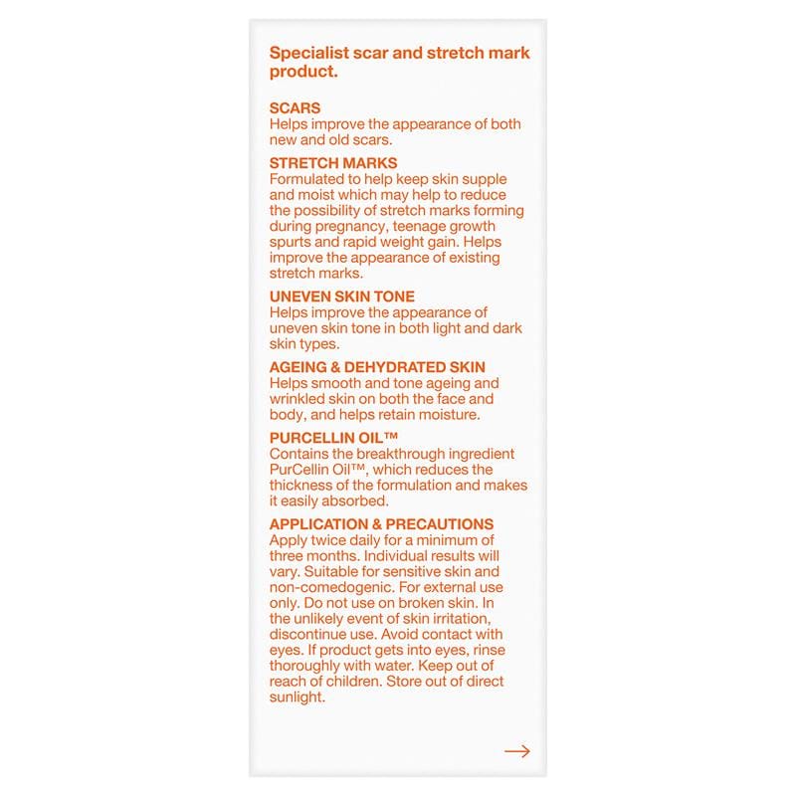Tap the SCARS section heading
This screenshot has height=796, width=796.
pyautogui.click(x=295, y=108)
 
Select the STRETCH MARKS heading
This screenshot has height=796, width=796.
pyautogui.click(x=333, y=162)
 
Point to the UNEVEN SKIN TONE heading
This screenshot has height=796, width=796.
pyautogui.click(x=342, y=297)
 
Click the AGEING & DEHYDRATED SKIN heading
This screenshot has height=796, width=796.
pyautogui.click(x=377, y=367)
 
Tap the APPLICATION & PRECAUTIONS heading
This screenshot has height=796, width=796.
pyautogui.click(x=381, y=524)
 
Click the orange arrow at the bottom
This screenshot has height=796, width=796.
pyautogui.click(x=516, y=751)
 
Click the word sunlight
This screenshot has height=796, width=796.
pyautogui.click(x=298, y=697)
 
